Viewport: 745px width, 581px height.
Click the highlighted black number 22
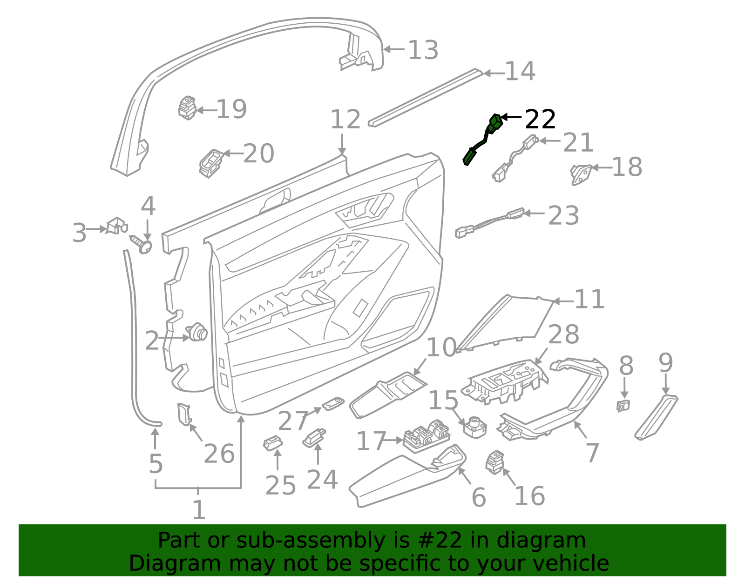click(540, 120)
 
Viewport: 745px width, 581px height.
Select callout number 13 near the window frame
click(423, 50)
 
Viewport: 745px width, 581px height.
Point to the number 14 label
click(520, 72)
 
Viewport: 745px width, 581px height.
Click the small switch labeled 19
click(187, 108)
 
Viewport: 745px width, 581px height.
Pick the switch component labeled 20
click(210, 162)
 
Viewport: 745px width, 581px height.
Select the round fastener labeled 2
click(197, 331)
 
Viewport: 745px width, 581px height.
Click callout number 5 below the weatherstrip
click(156, 464)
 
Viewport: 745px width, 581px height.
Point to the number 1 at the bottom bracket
click(199, 510)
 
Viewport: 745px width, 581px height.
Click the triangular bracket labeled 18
click(581, 174)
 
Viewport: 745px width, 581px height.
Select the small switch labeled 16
click(494, 462)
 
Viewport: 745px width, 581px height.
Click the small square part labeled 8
click(623, 406)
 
